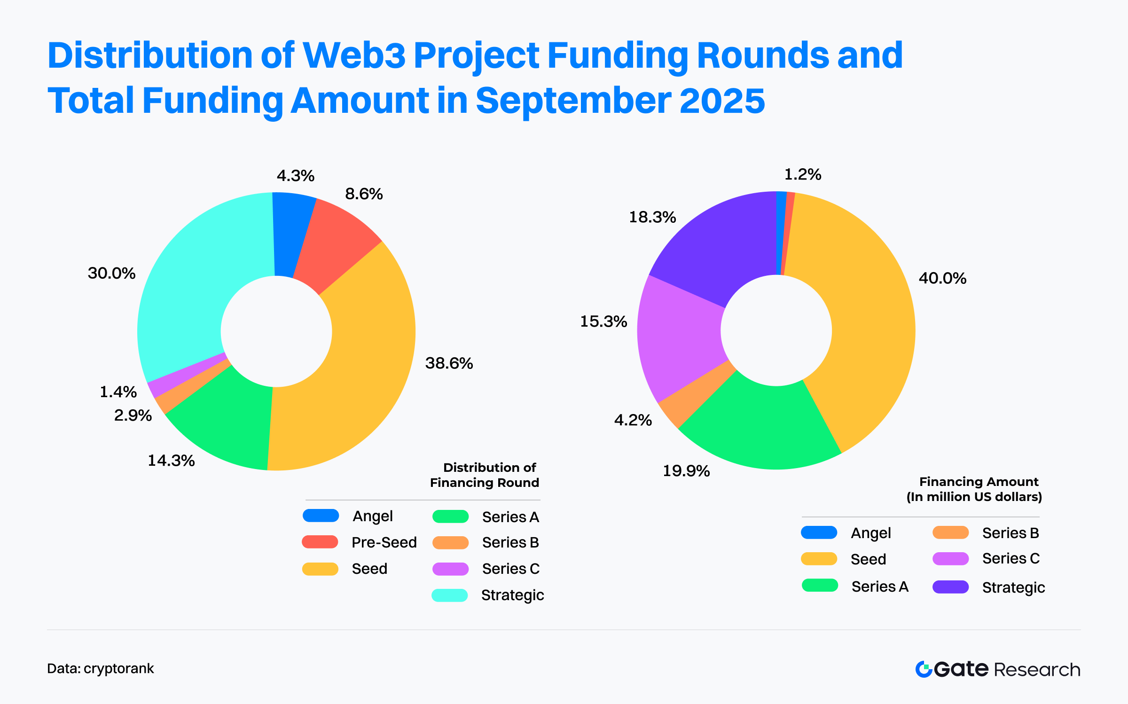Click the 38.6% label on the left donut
click(x=449, y=363)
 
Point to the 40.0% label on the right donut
click(x=942, y=278)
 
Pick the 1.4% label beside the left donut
click(x=118, y=392)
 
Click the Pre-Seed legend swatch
click(x=320, y=542)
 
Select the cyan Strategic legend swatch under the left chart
click(x=450, y=595)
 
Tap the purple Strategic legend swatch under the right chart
click(x=950, y=587)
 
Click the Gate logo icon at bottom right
click(x=924, y=669)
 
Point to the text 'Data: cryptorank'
click(x=101, y=668)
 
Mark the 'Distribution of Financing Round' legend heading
click(x=485, y=475)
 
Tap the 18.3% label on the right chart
click(x=652, y=217)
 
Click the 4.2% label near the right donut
click(x=633, y=420)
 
